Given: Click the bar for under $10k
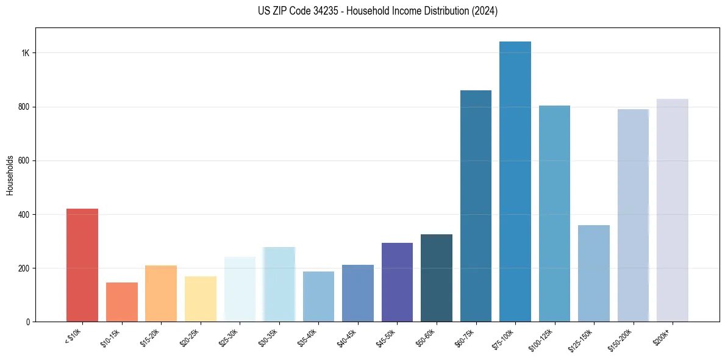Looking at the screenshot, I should (x=82, y=265).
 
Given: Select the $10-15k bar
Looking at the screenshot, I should (x=122, y=302).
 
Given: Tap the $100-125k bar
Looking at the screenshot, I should (x=554, y=214).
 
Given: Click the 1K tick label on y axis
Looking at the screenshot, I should (x=25, y=53).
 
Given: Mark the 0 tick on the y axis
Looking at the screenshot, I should (x=27, y=322).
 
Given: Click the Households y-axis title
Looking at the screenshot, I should (x=10, y=175).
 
